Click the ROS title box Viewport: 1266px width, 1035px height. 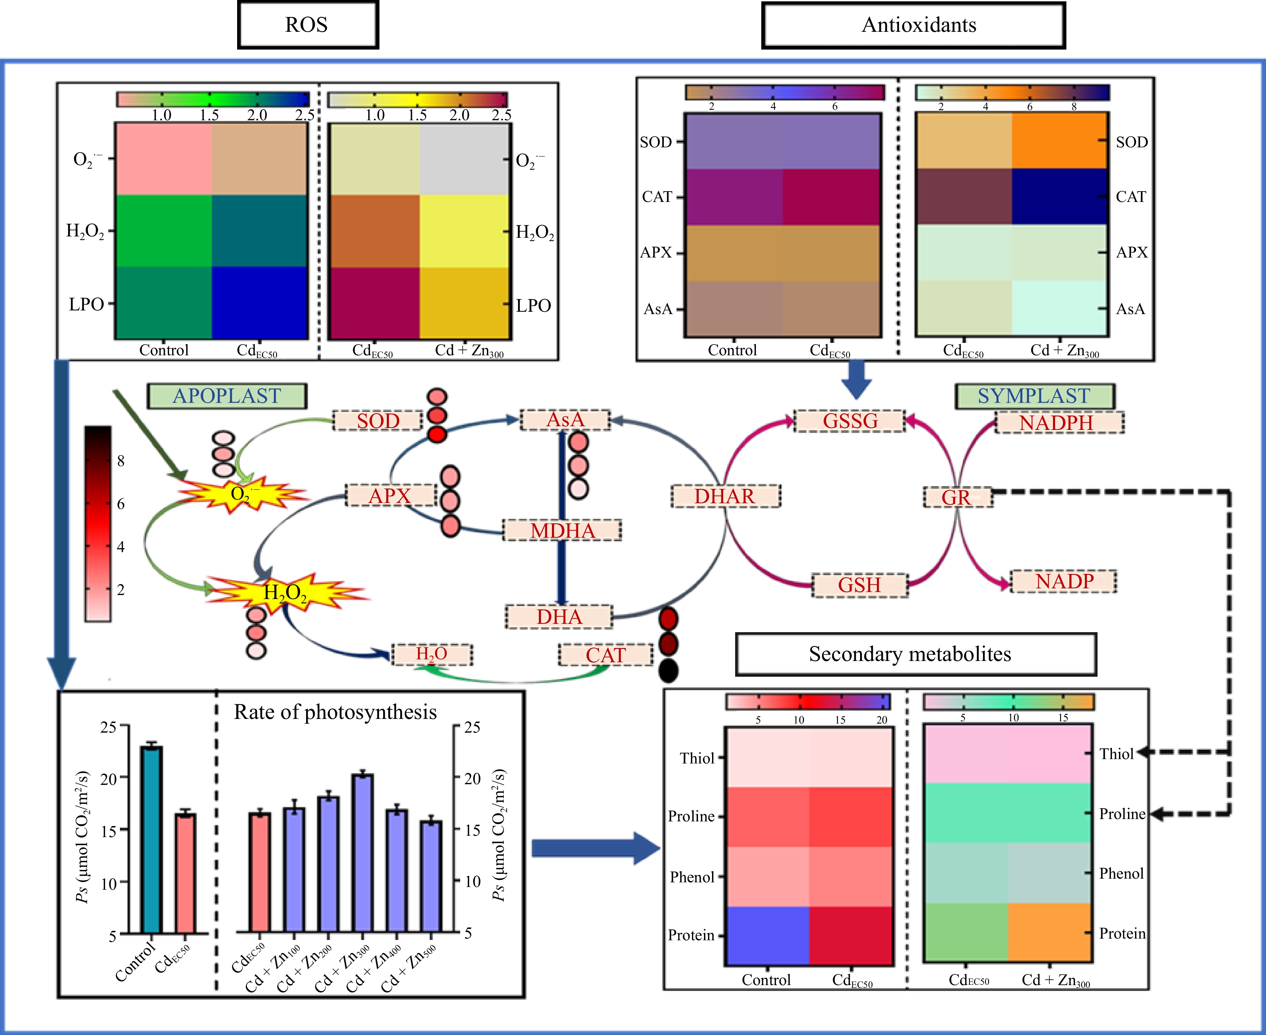point(308,25)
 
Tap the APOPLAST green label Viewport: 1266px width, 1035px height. point(227,396)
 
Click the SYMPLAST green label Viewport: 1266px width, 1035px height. point(1034,396)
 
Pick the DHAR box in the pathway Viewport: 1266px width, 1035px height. point(725,496)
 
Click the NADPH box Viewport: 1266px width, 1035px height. point(1059,423)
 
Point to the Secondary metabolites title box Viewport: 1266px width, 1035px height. point(916,654)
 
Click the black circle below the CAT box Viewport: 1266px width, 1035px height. point(669,671)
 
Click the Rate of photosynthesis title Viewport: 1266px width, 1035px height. point(335,712)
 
